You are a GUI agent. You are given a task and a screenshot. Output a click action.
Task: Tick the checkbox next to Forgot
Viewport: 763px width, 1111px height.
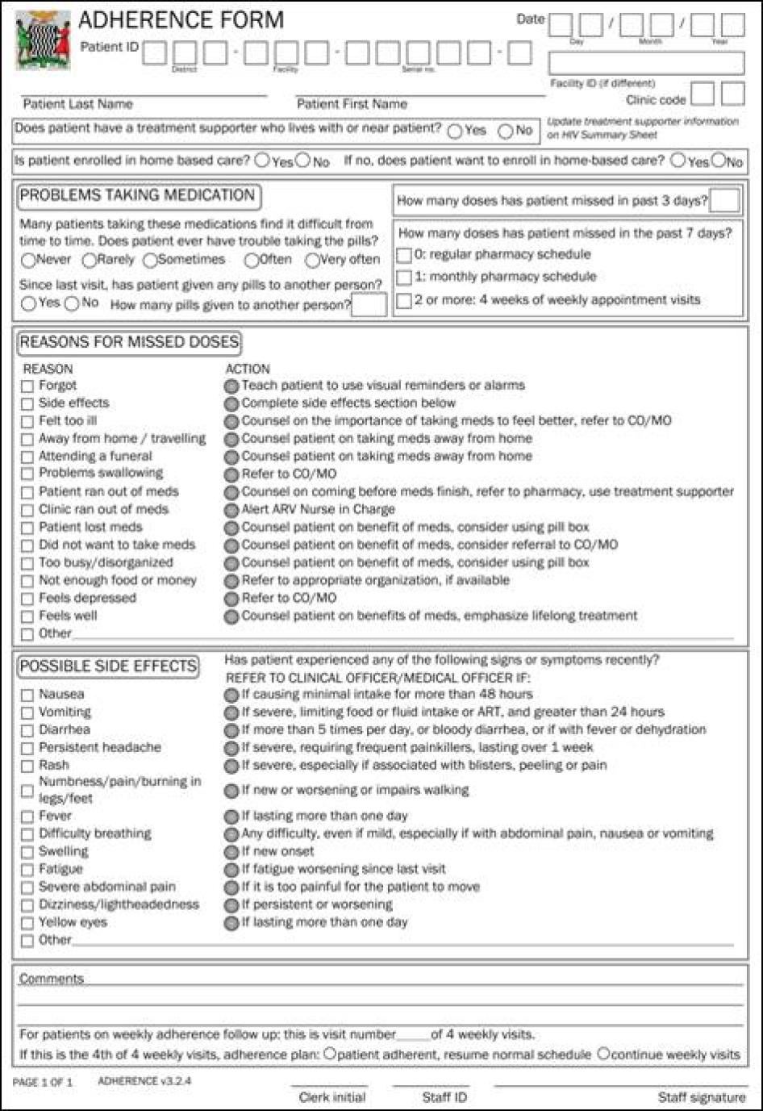point(27,386)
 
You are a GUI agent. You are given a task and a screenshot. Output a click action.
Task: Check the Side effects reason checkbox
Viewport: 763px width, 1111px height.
point(27,403)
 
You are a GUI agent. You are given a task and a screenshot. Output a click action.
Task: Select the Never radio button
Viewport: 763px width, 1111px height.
point(28,260)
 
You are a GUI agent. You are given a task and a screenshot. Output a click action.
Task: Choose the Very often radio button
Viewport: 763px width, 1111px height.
point(312,260)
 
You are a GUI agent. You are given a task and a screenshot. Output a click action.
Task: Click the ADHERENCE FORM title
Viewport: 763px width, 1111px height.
point(181,19)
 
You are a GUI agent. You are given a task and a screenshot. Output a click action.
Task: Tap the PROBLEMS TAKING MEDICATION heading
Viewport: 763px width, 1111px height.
point(137,195)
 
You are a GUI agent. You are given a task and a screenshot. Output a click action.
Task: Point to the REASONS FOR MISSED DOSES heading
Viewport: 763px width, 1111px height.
point(129,342)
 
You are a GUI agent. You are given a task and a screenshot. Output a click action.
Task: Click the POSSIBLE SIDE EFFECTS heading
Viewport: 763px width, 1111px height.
point(107,666)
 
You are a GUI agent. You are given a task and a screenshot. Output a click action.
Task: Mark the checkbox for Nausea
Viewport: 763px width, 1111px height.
point(27,695)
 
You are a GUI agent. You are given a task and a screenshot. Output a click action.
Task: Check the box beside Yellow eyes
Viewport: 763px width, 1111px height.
point(27,923)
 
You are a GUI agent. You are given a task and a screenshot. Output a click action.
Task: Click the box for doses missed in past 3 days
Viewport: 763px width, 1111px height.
point(724,201)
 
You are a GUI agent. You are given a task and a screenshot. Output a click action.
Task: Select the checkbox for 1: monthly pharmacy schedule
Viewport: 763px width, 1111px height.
point(404,278)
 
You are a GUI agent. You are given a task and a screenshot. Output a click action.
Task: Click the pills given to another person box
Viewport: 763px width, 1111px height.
point(369,305)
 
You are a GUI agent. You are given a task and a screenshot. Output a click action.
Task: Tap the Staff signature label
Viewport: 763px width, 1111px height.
point(701,1097)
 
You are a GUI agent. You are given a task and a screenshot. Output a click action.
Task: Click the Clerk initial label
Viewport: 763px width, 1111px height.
point(331,1097)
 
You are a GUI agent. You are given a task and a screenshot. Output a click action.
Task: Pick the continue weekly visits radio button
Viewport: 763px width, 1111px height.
point(604,1054)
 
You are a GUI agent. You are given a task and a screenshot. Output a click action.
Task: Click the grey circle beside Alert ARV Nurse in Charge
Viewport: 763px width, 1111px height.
point(231,510)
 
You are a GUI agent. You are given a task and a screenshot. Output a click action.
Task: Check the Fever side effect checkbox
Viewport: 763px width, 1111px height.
point(27,817)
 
